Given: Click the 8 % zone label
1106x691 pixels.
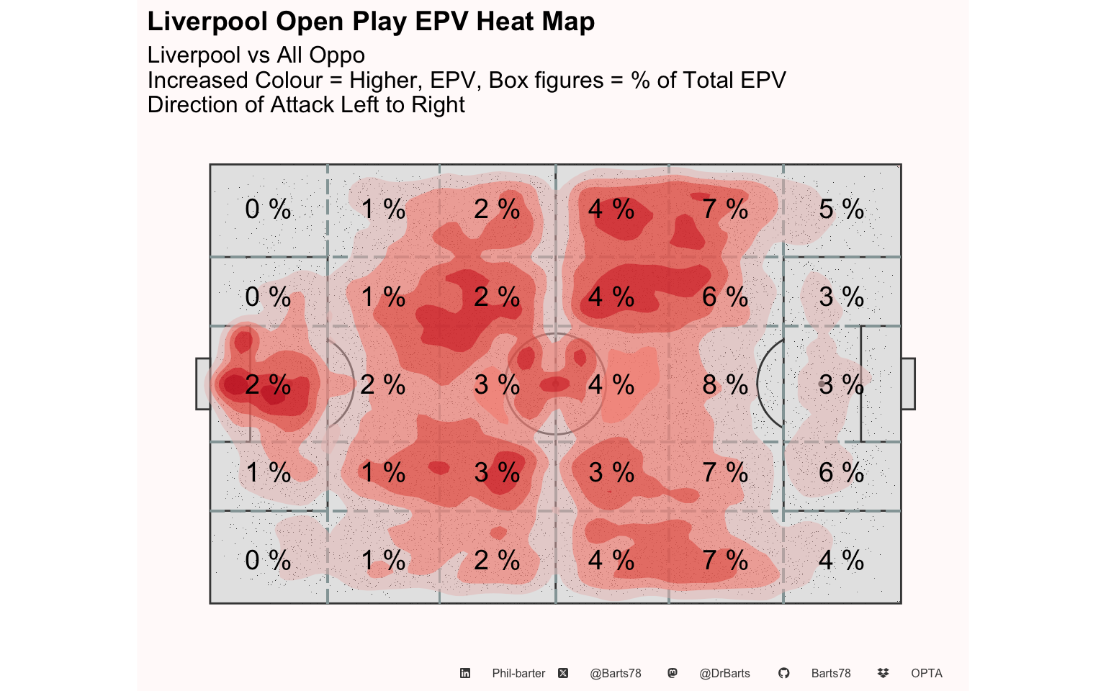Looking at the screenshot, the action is [x=725, y=384].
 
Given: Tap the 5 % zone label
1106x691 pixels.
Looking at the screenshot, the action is [x=841, y=209].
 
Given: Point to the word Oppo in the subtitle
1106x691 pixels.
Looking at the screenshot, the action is [x=337, y=55].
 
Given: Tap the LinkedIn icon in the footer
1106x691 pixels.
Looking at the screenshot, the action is [x=465, y=673].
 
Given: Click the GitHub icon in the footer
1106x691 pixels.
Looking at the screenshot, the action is [x=783, y=673].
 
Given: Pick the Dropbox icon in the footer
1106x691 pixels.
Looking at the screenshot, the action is [x=884, y=673].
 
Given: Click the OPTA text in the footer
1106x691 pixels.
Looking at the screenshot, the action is [x=927, y=673].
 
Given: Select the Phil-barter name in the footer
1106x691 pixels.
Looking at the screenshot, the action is [x=518, y=673].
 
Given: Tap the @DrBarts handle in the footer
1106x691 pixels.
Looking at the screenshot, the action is [x=724, y=673].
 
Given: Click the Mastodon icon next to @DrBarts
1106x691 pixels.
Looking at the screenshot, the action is [x=673, y=673].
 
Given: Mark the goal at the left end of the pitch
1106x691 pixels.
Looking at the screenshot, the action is [x=203, y=384].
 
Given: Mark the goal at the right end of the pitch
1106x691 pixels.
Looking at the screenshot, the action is [x=908, y=384].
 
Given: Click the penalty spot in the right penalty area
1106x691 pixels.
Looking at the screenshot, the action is [x=822, y=384].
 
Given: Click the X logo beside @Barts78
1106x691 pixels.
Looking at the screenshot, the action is [x=563, y=673].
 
